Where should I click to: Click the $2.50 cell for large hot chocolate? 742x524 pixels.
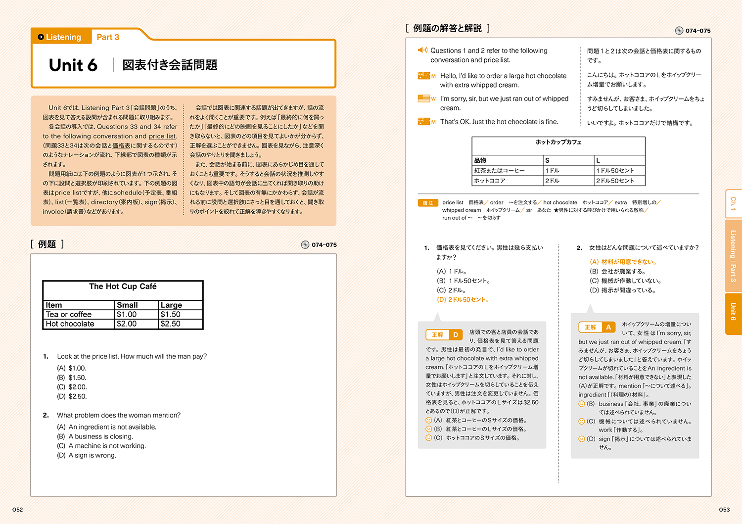[x=171, y=324]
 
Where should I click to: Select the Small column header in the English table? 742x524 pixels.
[x=127, y=305]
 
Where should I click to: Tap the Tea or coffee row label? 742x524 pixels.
[x=69, y=315]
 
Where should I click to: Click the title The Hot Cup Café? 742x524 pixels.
[x=123, y=286]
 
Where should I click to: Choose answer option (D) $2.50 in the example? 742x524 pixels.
[x=72, y=396]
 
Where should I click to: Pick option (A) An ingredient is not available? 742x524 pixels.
[x=107, y=427]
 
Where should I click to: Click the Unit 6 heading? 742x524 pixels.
[x=73, y=65]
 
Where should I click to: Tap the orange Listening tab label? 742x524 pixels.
[x=63, y=37]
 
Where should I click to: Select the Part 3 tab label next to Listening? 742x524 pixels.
[x=108, y=37]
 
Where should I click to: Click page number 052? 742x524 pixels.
[x=18, y=510]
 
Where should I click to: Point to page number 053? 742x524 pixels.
[x=724, y=510]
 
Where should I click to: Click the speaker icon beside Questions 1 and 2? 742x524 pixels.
[x=422, y=50]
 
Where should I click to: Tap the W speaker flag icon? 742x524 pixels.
[x=424, y=98]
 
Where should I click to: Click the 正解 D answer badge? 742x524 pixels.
[x=444, y=335]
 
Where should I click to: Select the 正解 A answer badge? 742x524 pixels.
[x=597, y=327]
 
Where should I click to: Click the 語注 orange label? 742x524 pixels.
[x=428, y=203]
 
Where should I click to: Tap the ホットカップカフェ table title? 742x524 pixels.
[x=558, y=143]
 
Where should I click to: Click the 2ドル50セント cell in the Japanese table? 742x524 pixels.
[x=615, y=181]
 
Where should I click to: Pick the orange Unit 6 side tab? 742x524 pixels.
[x=733, y=312]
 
